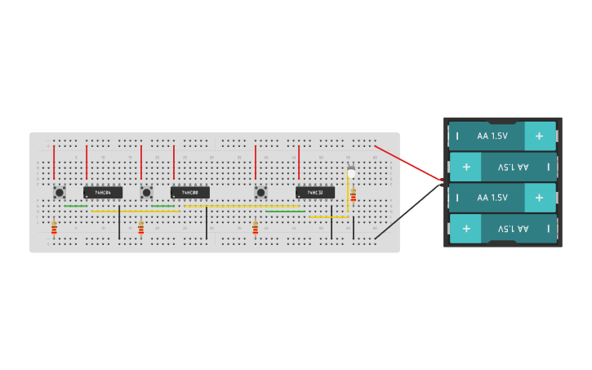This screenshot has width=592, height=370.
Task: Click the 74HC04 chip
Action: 103,193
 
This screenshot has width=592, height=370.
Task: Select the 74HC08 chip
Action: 189,193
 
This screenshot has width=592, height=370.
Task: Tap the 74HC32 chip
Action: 315,193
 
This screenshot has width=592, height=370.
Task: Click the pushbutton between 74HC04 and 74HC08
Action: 146,193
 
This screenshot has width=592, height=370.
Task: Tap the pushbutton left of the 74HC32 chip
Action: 260,193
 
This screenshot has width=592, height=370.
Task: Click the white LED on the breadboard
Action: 351,172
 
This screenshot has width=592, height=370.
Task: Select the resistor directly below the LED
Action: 353,195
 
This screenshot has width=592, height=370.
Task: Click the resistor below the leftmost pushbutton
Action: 54,227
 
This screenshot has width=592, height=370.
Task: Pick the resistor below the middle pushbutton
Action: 140,227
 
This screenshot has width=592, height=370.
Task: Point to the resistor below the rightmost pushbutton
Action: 255,227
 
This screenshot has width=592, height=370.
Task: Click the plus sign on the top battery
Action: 539,136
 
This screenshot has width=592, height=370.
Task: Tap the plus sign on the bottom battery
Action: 466,229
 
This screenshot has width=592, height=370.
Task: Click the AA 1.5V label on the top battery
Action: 492,136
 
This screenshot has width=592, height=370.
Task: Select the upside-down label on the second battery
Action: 513,167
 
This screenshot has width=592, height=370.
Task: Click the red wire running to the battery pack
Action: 408,163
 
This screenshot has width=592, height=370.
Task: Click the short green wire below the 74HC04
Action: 76,206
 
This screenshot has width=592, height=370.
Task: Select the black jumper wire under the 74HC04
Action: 119,222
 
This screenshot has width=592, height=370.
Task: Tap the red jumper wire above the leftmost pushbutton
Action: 54,161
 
